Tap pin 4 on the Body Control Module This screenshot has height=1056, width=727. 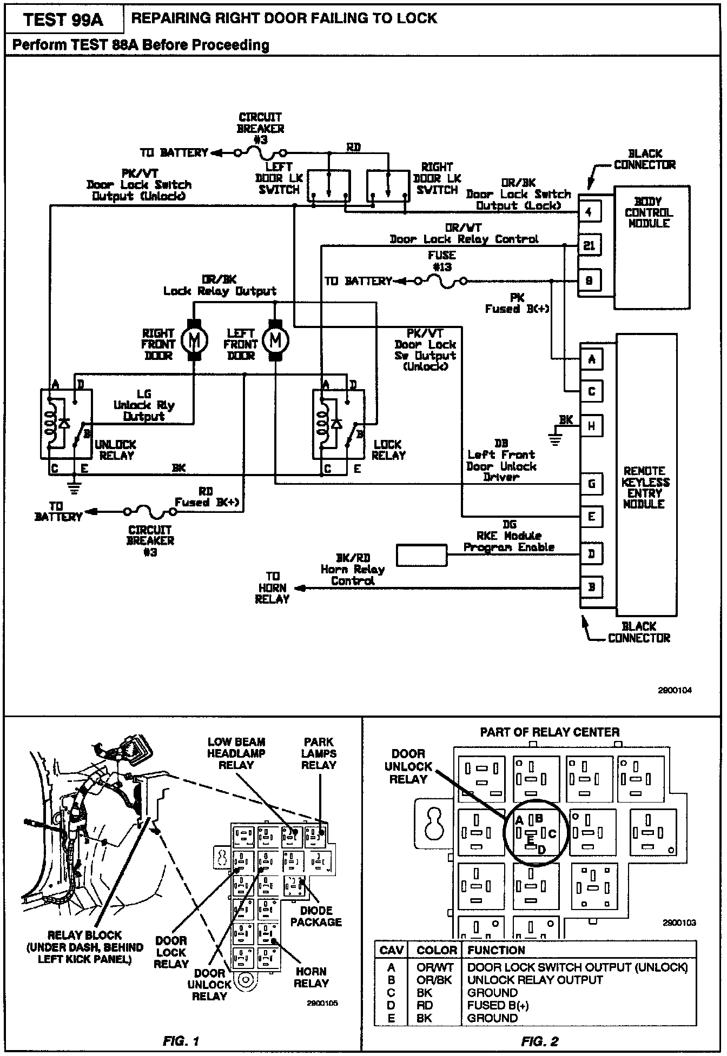tap(589, 212)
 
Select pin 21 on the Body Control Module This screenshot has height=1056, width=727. tap(589, 246)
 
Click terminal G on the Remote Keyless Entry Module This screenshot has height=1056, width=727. tap(591, 484)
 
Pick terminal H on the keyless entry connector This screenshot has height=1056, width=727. tap(591, 425)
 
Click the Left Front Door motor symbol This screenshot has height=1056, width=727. tap(275, 339)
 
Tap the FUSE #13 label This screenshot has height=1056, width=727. tap(442, 261)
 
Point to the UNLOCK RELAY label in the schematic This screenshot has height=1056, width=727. tap(116, 450)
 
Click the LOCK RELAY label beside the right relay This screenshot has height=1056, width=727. tap(388, 450)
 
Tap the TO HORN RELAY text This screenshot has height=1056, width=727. tap(273, 587)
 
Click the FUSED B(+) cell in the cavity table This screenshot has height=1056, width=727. tap(498, 1005)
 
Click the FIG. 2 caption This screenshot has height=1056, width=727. tap(539, 1041)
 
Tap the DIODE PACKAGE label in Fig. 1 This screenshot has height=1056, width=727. tap(316, 916)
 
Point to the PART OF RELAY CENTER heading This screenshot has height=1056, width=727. tap(550, 732)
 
